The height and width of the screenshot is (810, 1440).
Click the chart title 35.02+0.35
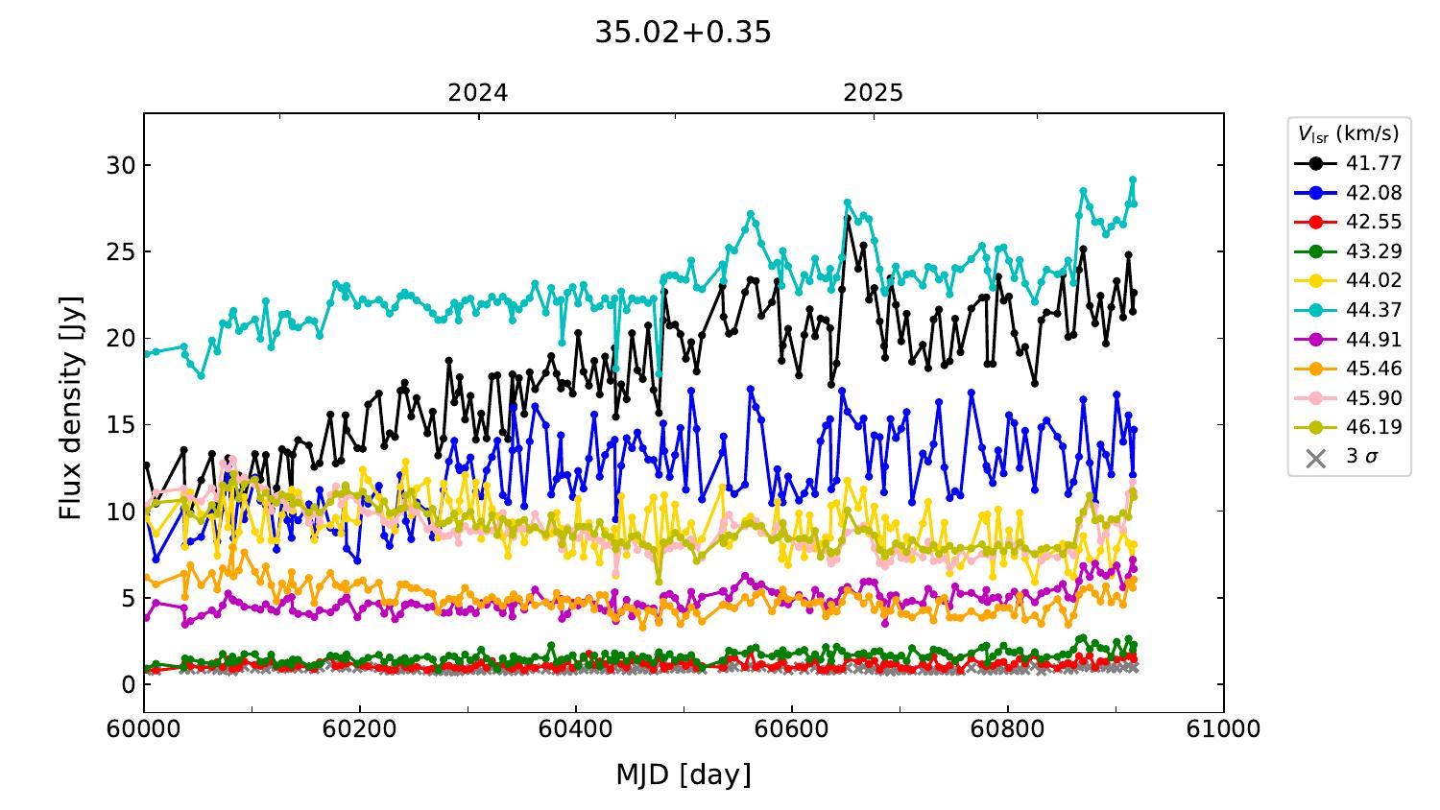point(683,32)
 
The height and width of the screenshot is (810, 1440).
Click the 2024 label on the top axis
point(478,93)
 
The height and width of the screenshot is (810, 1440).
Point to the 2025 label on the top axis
point(873,93)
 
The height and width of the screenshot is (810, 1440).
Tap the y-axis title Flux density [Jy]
point(71,408)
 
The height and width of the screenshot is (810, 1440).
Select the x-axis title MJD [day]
point(684,774)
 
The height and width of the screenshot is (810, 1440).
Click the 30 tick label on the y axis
point(121,166)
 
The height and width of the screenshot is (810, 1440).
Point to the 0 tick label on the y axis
point(129,684)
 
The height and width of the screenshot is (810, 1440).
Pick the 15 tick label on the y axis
point(121,425)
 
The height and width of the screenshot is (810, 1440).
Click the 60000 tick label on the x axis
point(143,729)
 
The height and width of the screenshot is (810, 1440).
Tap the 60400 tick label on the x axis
point(575,729)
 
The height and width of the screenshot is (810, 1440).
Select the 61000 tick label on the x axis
point(1223,729)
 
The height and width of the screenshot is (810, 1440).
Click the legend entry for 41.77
point(1348,163)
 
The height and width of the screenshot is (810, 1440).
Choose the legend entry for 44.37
point(1348,310)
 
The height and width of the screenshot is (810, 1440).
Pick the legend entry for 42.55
point(1348,222)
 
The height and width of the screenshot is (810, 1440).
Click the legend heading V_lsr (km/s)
point(1349,133)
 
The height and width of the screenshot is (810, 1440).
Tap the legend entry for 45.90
point(1348,398)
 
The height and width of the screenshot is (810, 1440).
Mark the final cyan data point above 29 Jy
point(1133,180)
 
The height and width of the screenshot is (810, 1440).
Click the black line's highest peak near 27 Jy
point(848,219)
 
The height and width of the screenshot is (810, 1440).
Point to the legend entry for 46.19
point(1348,427)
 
